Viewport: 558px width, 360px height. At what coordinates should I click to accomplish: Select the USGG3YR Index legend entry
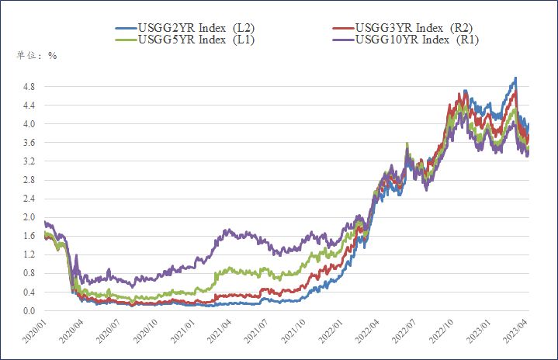click(414, 29)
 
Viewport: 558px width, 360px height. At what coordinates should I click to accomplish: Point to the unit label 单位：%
click(36, 55)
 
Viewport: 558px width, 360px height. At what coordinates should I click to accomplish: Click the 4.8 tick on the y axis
click(28, 86)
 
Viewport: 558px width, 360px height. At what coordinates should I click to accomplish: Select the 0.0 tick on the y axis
click(28, 311)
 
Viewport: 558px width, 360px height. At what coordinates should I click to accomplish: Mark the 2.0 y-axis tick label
click(28, 217)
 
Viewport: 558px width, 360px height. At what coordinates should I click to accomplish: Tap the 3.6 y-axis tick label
click(28, 143)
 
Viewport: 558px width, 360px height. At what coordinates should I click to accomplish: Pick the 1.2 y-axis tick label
click(28, 255)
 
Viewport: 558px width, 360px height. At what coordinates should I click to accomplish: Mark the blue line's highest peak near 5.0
click(515, 78)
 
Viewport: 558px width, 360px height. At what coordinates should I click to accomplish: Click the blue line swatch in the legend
click(124, 29)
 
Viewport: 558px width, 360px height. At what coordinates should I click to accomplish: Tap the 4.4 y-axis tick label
click(28, 106)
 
